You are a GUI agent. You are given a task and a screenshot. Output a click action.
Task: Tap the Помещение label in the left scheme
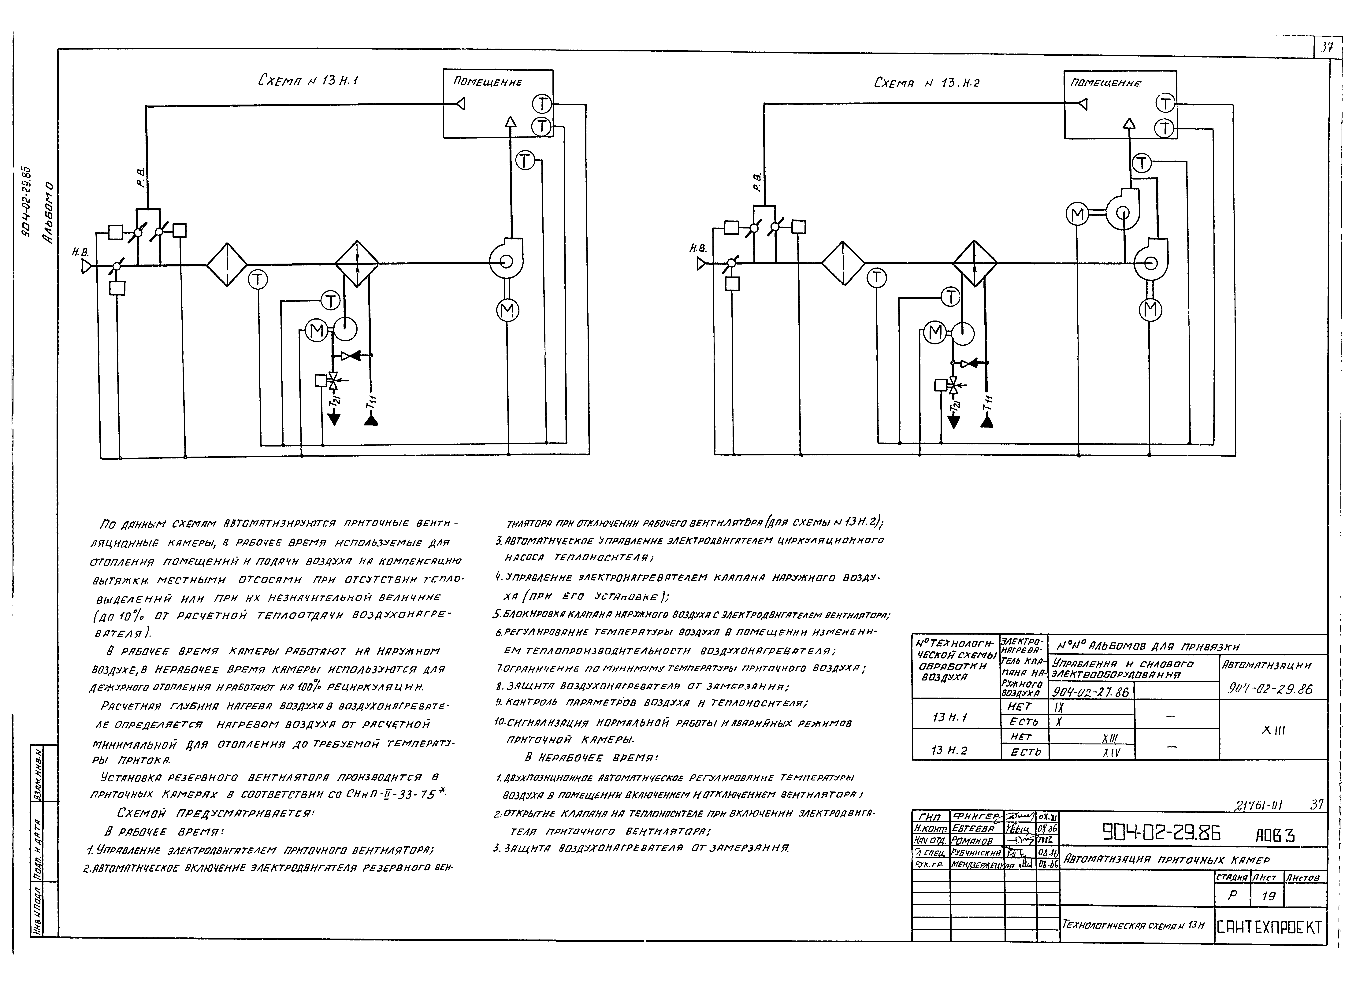tap(487, 82)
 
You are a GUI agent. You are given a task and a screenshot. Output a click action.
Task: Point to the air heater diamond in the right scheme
tap(975, 264)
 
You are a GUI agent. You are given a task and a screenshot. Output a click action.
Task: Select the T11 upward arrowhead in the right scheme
tap(988, 421)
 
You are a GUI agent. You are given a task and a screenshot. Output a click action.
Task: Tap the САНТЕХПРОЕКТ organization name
tap(1270, 927)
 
